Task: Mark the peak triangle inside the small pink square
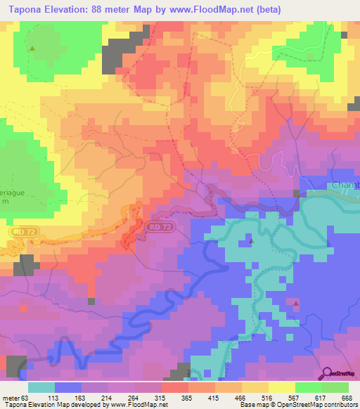(296, 304)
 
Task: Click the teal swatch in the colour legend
(41, 387)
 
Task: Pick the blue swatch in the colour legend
(68, 387)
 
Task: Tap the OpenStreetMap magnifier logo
(326, 373)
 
